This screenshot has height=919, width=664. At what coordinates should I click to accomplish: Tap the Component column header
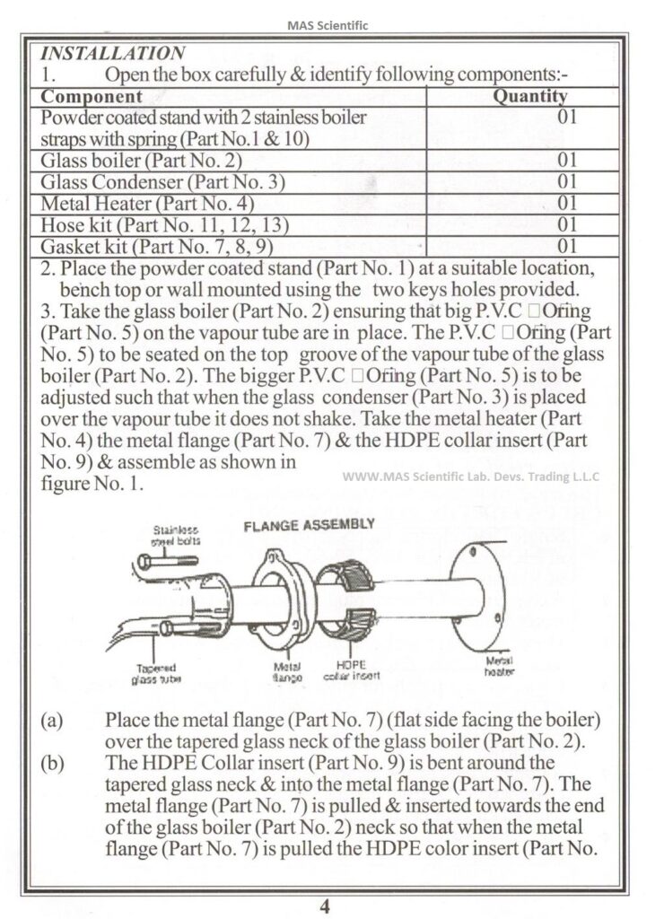coord(92,96)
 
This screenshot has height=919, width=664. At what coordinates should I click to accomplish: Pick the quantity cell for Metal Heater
coord(565,204)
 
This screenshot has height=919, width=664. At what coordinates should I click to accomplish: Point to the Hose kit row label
coord(137,224)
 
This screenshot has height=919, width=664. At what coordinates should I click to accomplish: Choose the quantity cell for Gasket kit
coord(565,245)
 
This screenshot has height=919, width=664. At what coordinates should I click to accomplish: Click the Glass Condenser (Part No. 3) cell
coord(162,183)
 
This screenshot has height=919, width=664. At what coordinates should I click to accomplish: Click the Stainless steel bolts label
coord(176,536)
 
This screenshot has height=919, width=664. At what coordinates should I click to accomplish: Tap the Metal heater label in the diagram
coord(498,666)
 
